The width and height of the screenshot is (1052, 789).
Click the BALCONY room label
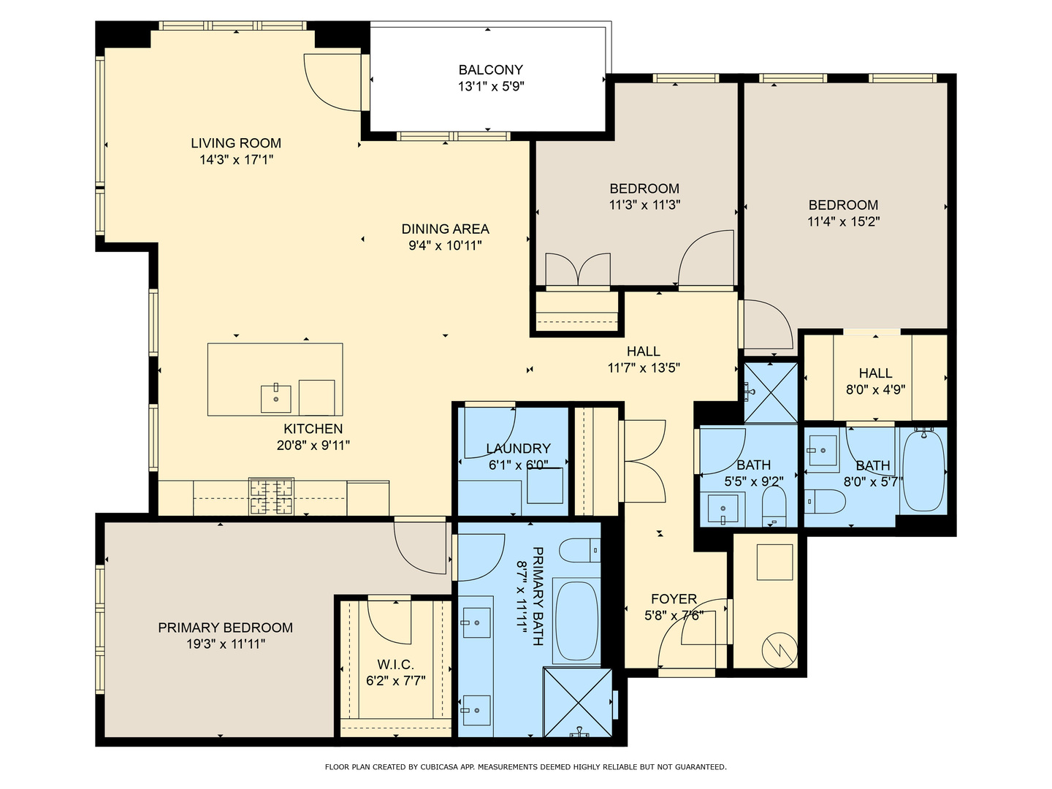click(x=490, y=70)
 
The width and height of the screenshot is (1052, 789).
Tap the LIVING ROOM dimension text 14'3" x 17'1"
click(x=236, y=160)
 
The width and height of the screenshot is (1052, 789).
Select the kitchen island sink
click(x=276, y=398)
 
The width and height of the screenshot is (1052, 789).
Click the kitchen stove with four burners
click(x=272, y=496)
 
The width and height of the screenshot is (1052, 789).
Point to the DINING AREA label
click(x=445, y=229)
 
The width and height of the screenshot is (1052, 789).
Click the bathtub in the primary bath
click(x=576, y=620)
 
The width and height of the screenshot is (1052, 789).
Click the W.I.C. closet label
click(x=395, y=665)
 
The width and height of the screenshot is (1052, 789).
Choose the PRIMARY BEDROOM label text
click(x=225, y=628)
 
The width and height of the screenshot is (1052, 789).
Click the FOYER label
click(x=674, y=599)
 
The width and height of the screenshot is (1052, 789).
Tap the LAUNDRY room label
click(x=518, y=449)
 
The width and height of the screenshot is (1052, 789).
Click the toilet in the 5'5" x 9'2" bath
click(x=774, y=504)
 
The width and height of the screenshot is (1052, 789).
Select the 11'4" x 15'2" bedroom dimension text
click(x=843, y=222)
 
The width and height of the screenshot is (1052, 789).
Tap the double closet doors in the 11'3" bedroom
click(x=577, y=270)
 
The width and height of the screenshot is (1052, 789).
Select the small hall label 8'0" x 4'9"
click(x=875, y=390)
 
